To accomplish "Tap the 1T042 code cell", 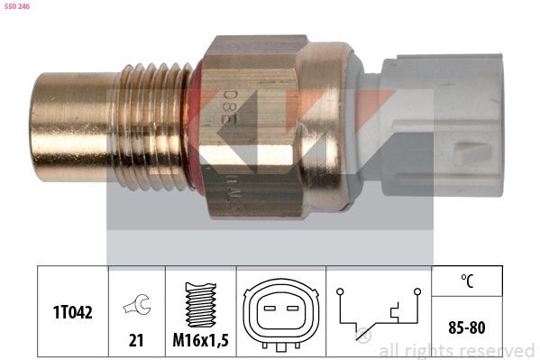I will [x=71, y=310].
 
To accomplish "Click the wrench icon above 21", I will [x=136, y=305].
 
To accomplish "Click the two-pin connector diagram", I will [x=280, y=310].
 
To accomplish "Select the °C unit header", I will [x=466, y=281].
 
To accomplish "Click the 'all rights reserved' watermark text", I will [x=456, y=350].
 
